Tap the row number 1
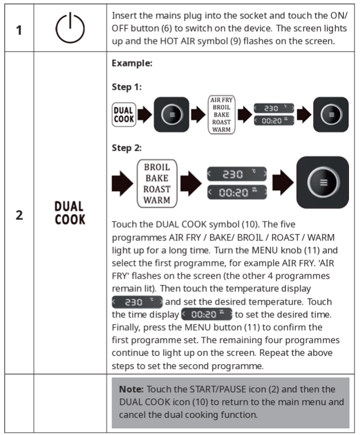click(x=19, y=29)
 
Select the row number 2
click(x=19, y=215)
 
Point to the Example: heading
click(x=131, y=63)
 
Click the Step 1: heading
click(x=127, y=87)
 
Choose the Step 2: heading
click(x=127, y=148)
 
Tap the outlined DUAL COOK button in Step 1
click(x=123, y=115)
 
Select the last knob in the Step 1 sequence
click(x=331, y=115)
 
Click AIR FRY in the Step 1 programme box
click(x=221, y=100)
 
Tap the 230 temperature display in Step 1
click(x=272, y=109)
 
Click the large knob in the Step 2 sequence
click(x=323, y=182)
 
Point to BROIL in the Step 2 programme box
click(x=157, y=167)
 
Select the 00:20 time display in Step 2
click(x=237, y=192)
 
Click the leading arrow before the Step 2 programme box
click(x=122, y=183)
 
